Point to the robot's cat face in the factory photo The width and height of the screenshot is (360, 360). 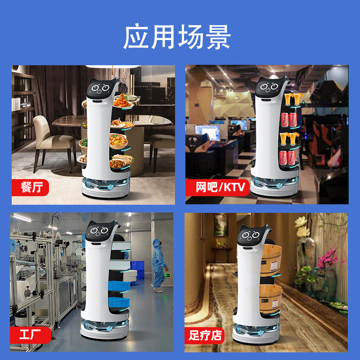[x=98, y=232]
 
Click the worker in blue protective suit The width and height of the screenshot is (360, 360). [x=158, y=264]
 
